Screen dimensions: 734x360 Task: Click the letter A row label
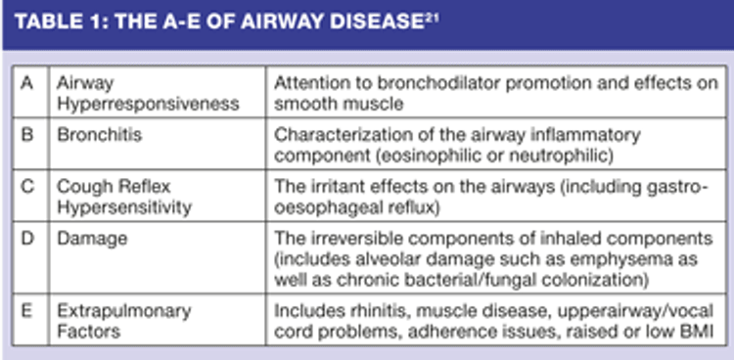tap(27, 84)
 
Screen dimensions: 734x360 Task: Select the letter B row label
tap(27, 135)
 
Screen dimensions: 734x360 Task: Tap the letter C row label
tap(27, 187)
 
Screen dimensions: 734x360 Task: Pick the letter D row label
tap(27, 239)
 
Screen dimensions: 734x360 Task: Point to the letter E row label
tap(27, 311)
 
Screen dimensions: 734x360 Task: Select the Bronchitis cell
tap(99, 135)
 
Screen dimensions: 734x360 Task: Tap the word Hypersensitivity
tap(124, 207)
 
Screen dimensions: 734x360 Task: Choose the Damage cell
tap(92, 240)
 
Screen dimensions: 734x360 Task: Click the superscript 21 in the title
tap(432, 18)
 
